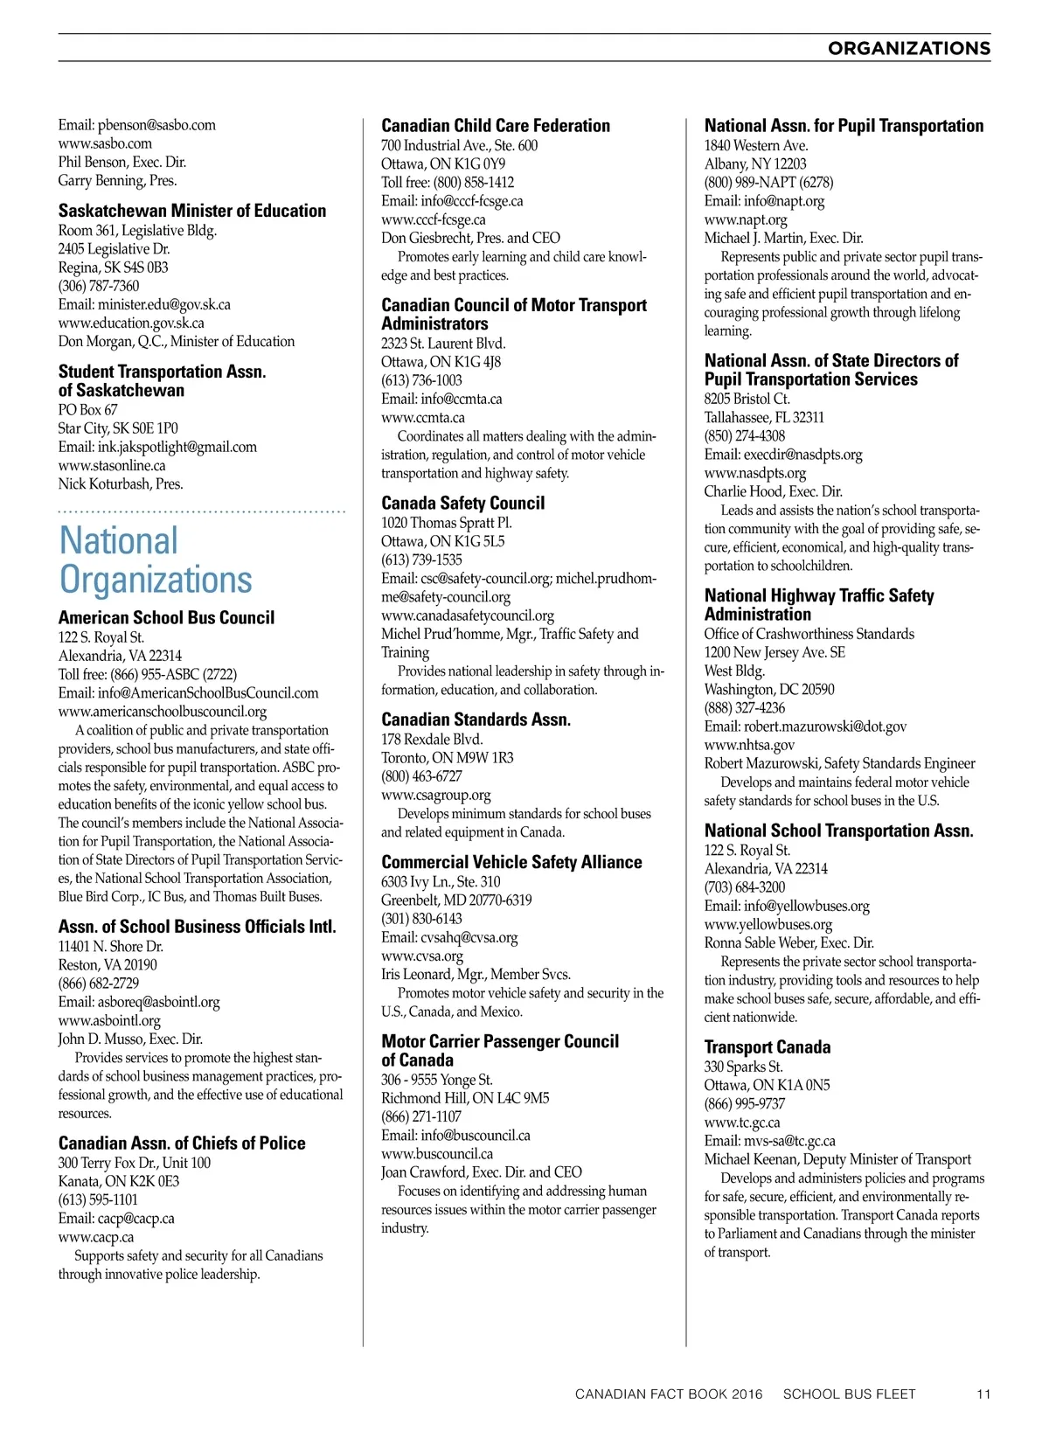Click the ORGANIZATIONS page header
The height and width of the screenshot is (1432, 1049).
coord(908,48)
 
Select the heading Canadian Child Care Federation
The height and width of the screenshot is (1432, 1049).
coord(496,126)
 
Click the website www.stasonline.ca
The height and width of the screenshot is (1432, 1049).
coord(112,465)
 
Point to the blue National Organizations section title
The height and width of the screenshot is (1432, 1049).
coord(156,560)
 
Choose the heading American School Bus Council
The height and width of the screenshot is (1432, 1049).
coord(166,618)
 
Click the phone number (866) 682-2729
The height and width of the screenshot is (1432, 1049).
coord(99,984)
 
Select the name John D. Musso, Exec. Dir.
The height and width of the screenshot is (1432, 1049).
coord(130,1039)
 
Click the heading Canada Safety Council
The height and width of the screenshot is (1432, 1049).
coord(462,504)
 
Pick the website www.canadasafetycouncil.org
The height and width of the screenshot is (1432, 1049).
coord(468,615)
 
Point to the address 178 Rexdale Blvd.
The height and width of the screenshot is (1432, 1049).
coord(432,740)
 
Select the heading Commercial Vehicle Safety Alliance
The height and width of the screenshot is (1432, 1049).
coord(511,863)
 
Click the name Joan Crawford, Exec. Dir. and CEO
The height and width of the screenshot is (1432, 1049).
coord(482,1172)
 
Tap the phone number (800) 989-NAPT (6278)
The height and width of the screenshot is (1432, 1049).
coord(768,183)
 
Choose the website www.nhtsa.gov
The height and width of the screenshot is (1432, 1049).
coord(749,745)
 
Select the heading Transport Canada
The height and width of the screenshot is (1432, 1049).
coord(768,1047)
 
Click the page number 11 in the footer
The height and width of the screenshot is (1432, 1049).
coord(983,1394)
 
